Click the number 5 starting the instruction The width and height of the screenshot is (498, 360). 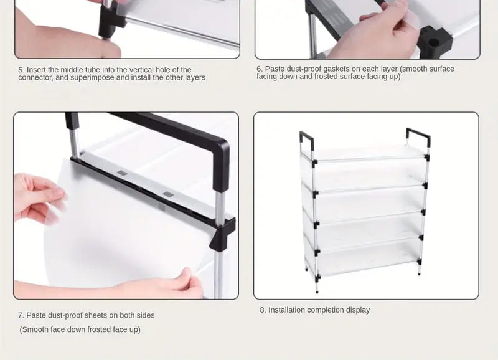click(21, 70)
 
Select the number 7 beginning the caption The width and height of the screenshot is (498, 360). click(21, 315)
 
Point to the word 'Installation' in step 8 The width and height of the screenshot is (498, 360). click(288, 310)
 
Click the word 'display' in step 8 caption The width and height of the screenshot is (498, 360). click(357, 310)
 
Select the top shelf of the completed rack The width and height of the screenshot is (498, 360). click(364, 153)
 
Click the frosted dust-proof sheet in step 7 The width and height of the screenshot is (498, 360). click(112, 224)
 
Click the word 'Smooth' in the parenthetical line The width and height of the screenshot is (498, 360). click(36, 329)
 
